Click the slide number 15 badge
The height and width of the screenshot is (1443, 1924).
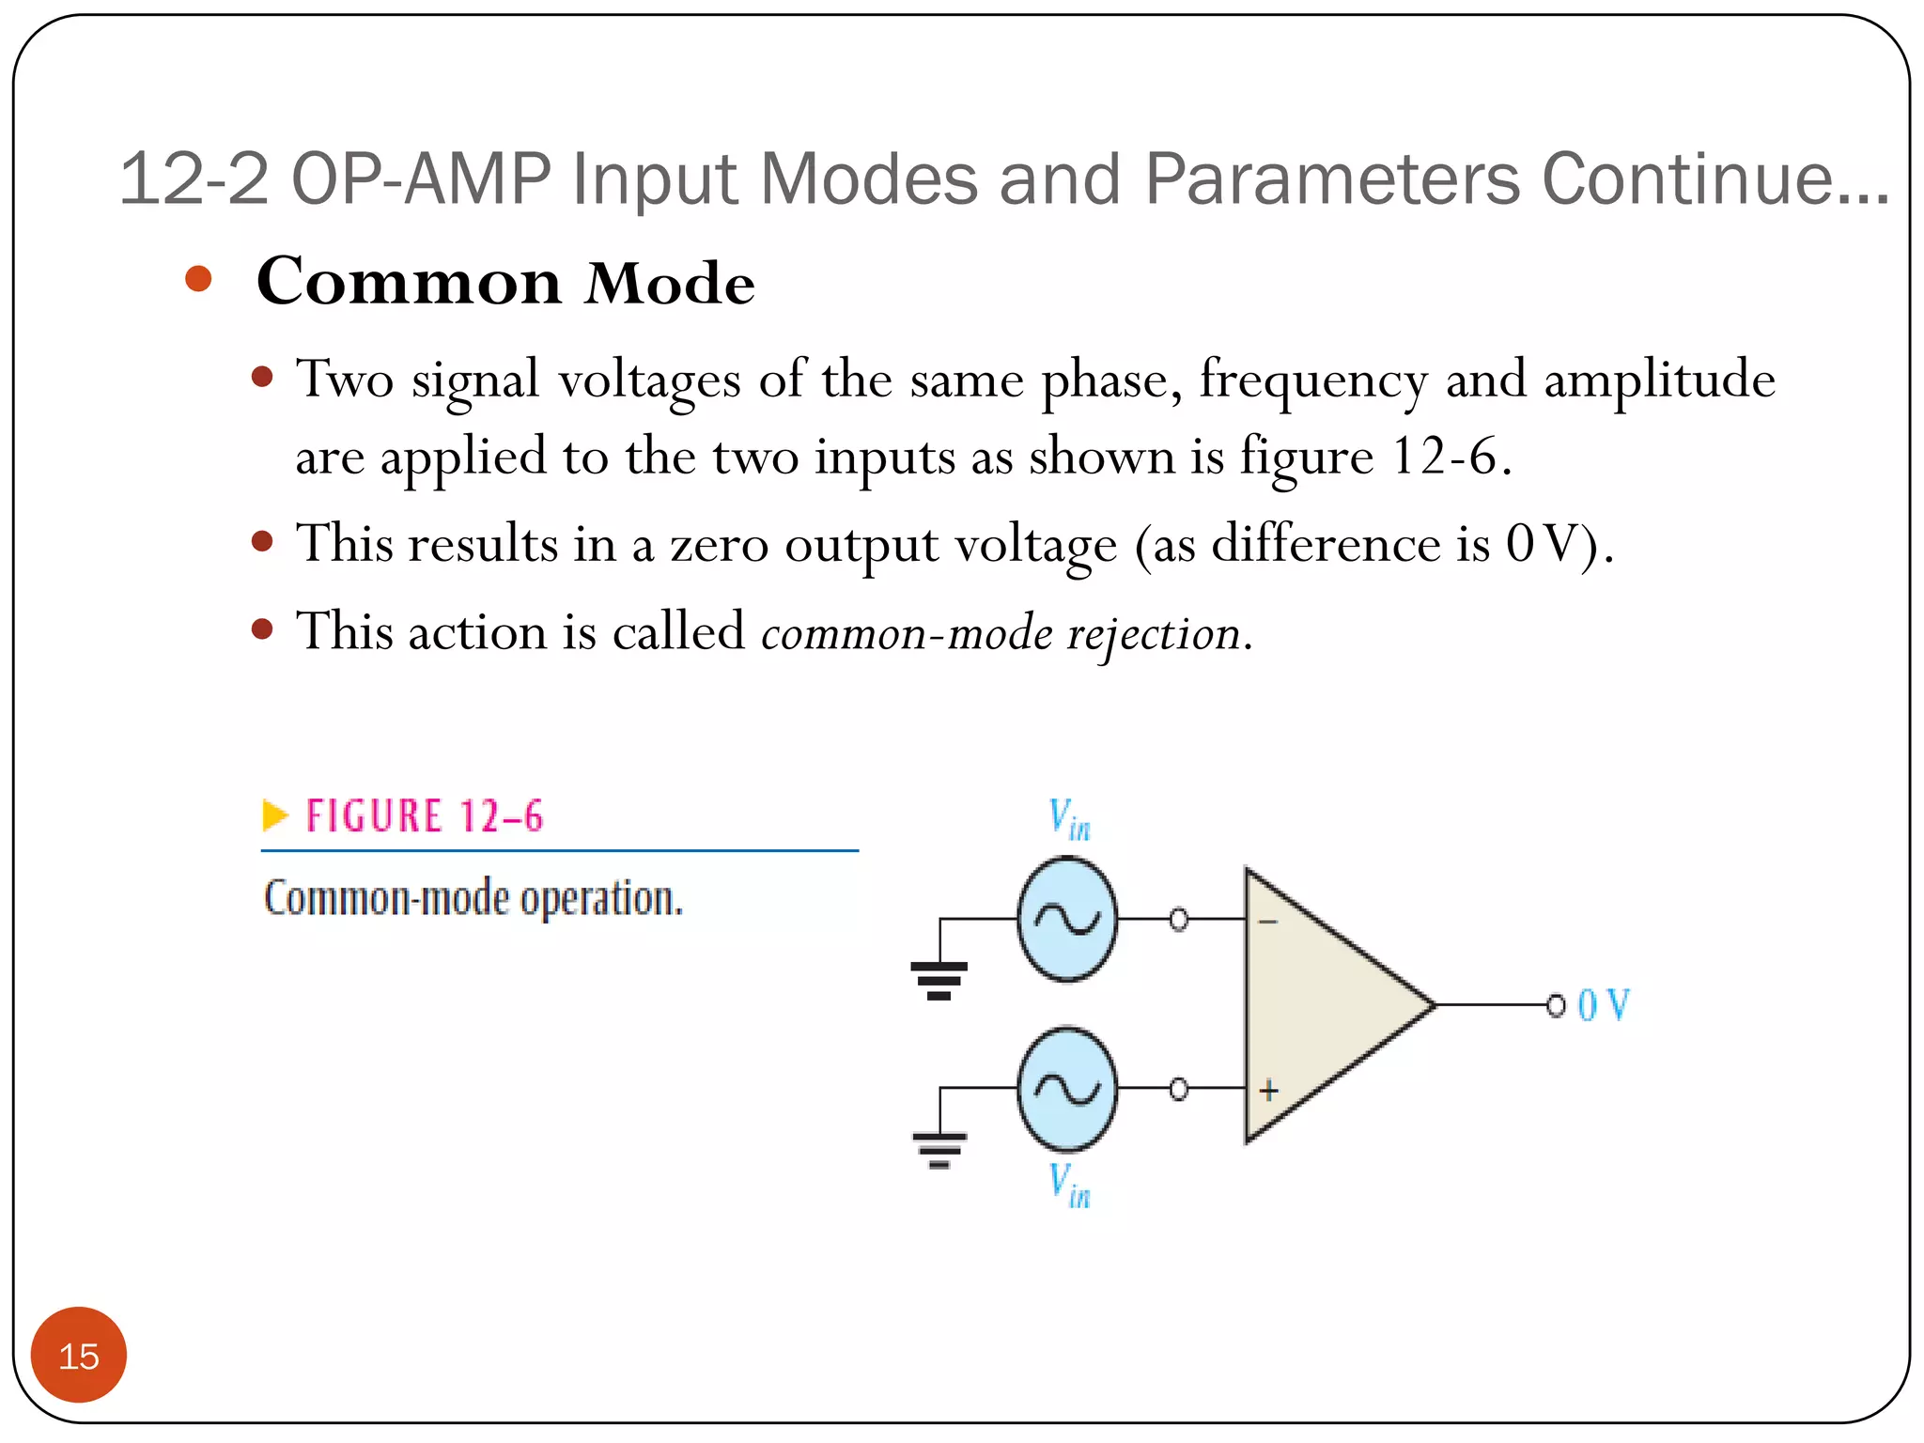(79, 1355)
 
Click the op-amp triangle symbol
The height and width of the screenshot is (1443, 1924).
(1325, 1005)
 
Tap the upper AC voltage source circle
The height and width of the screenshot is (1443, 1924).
(1067, 919)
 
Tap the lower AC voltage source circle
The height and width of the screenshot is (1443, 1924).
(1067, 1089)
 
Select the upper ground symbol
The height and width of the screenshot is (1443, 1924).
(939, 980)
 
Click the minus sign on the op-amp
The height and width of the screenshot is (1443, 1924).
(1268, 922)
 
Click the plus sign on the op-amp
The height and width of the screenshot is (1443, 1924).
(1269, 1091)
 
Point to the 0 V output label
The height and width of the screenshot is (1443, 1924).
(1604, 1005)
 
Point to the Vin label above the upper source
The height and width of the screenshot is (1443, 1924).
(1070, 819)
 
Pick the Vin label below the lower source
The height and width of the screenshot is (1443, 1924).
(1070, 1186)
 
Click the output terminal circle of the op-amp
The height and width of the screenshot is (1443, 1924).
(1556, 1005)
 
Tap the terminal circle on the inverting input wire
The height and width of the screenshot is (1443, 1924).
(1178, 919)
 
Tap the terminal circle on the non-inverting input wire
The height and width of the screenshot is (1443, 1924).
(1178, 1089)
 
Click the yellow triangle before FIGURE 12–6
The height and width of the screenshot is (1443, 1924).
(274, 815)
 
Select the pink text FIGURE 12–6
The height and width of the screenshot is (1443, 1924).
(425, 815)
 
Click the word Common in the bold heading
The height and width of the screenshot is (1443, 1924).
(410, 282)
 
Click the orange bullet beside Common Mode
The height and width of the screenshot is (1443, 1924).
(198, 279)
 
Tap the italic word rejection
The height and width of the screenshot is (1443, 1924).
(1154, 633)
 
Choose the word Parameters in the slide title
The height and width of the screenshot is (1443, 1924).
(1331, 178)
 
